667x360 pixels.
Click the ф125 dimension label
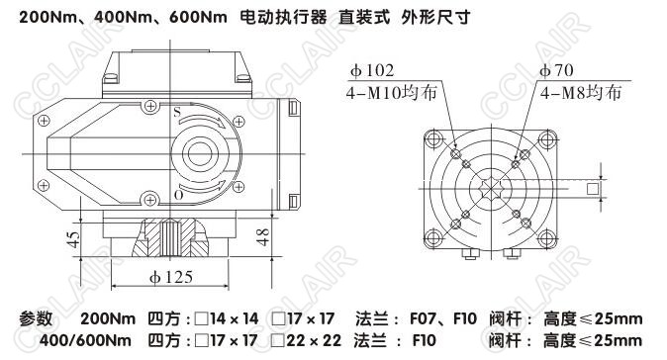pos(171,278)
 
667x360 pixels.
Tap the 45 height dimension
pos(74,239)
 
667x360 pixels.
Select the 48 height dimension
pos(263,236)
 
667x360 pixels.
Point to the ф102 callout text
pos(372,70)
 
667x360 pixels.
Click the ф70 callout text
pos(556,70)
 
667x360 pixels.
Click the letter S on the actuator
pos(177,112)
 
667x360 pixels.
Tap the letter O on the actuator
pos(179,195)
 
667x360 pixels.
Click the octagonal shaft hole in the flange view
pos(491,188)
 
